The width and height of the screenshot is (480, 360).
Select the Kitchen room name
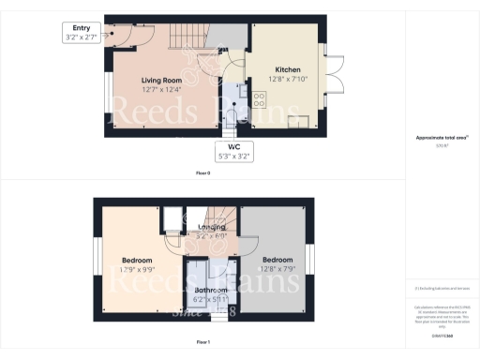(287, 69)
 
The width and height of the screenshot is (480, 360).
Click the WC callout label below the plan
(230, 152)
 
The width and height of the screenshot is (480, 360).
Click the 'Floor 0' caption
(203, 174)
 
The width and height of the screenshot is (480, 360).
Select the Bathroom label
(210, 291)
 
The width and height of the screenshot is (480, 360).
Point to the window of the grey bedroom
(309, 260)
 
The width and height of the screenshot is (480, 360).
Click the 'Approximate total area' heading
(442, 138)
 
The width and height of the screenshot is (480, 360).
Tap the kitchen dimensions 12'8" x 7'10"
(287, 79)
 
